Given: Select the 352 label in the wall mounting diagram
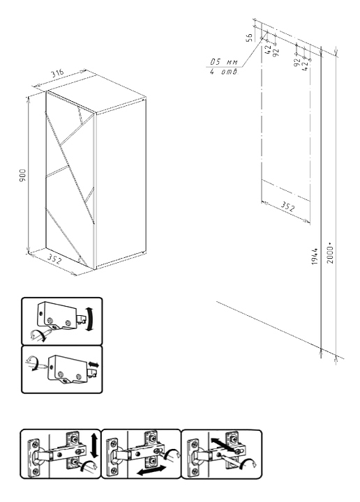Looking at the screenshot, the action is [x=287, y=208].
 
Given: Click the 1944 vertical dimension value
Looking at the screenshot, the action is [x=315, y=256].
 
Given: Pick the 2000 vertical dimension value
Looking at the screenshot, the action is [x=331, y=254].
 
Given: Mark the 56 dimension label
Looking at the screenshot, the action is [x=249, y=38].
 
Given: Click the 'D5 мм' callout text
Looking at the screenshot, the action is [x=224, y=62].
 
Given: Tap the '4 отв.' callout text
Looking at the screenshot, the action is [x=224, y=72].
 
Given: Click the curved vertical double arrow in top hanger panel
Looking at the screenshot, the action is [x=90, y=319].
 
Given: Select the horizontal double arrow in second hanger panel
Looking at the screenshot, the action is [x=93, y=365].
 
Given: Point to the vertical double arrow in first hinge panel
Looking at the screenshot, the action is [x=94, y=446].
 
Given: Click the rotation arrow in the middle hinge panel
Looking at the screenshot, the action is [x=173, y=453].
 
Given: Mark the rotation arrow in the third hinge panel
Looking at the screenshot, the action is [x=248, y=464].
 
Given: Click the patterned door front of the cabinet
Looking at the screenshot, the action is [x=70, y=179].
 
